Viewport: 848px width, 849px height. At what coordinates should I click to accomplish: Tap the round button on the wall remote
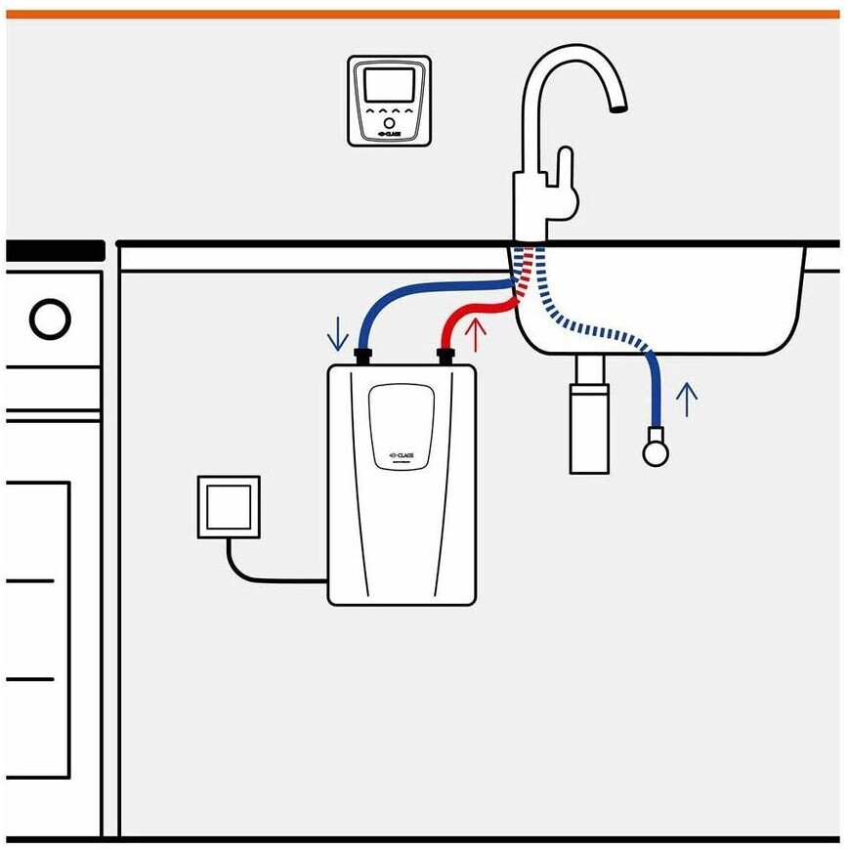(x=389, y=125)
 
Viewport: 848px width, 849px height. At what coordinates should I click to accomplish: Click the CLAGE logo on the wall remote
(x=389, y=138)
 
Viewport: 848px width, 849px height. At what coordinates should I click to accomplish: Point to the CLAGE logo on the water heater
(x=401, y=453)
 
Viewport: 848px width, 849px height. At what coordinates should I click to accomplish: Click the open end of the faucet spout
(x=617, y=108)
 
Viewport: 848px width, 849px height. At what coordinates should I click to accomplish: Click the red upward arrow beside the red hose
(x=476, y=335)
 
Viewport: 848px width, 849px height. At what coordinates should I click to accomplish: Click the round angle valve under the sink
(x=654, y=450)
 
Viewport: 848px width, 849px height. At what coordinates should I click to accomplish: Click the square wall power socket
(x=230, y=506)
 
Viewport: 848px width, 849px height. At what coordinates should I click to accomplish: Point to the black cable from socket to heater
(x=264, y=576)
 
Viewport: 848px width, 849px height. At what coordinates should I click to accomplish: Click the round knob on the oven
(x=49, y=318)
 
